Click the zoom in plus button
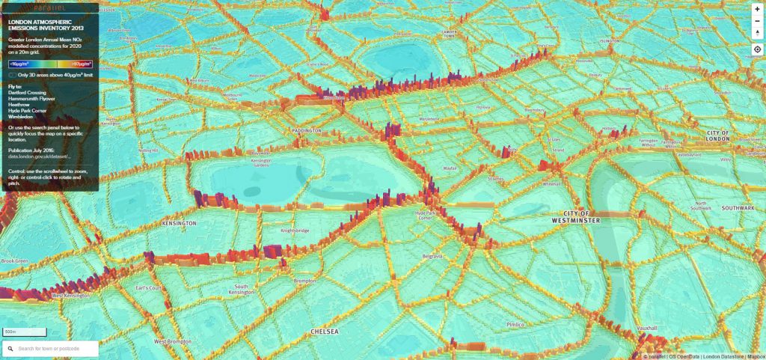(x=757, y=10)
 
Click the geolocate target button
(x=757, y=49)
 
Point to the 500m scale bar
(x=24, y=332)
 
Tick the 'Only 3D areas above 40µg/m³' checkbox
(x=11, y=75)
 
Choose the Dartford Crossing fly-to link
(x=25, y=92)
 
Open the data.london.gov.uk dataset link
(x=34, y=156)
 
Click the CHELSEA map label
(x=325, y=331)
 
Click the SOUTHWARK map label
(x=737, y=207)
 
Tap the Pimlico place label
(x=515, y=325)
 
